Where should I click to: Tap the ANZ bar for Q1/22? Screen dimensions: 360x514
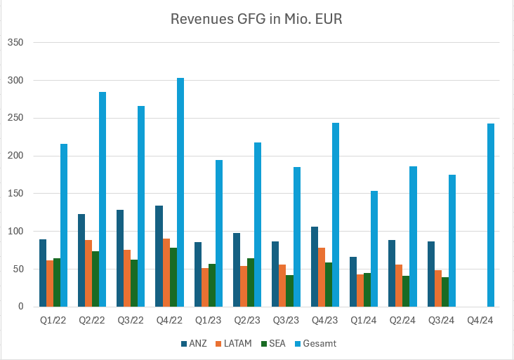tap(43, 273)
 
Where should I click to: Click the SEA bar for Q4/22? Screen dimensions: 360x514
tap(173, 277)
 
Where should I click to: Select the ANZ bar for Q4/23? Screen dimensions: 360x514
tap(315, 267)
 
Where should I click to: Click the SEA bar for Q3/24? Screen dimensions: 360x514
tap(444, 292)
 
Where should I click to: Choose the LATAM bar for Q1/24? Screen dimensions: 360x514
tap(360, 291)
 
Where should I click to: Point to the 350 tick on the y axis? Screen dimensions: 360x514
tap(16, 43)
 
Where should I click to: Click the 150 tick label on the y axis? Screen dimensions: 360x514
tap(16, 194)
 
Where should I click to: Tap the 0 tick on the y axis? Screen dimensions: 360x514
tap(21, 307)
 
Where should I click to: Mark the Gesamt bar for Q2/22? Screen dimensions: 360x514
tap(103, 199)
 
